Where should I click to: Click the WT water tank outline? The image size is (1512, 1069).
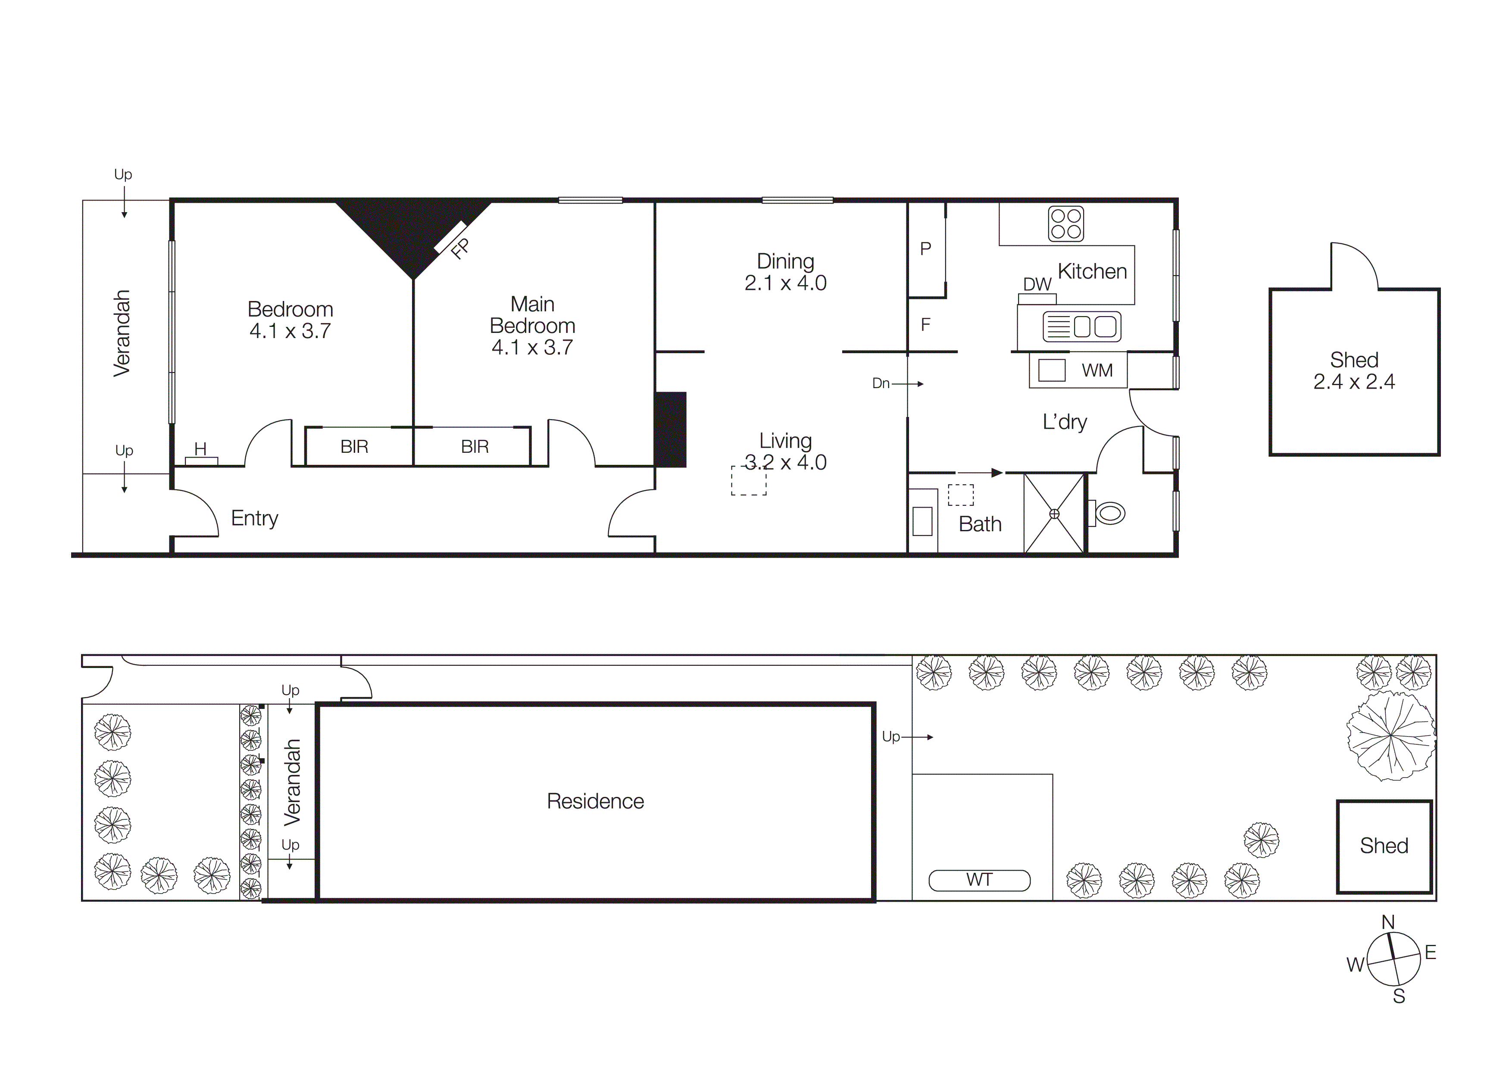pyautogui.click(x=979, y=880)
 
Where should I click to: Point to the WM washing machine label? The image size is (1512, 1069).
pyautogui.click(x=1097, y=371)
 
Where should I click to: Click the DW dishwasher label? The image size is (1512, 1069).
pyautogui.click(x=1037, y=285)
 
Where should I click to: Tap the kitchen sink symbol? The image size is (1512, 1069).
pyautogui.click(x=1081, y=327)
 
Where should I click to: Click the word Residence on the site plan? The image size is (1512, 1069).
pyautogui.click(x=595, y=802)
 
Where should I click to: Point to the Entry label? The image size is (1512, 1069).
pyautogui.click(x=255, y=518)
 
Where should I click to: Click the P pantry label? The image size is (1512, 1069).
pyautogui.click(x=925, y=249)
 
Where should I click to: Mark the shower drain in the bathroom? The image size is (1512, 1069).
pyautogui.click(x=1054, y=514)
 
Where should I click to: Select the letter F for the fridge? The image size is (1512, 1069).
pyautogui.click(x=925, y=325)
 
